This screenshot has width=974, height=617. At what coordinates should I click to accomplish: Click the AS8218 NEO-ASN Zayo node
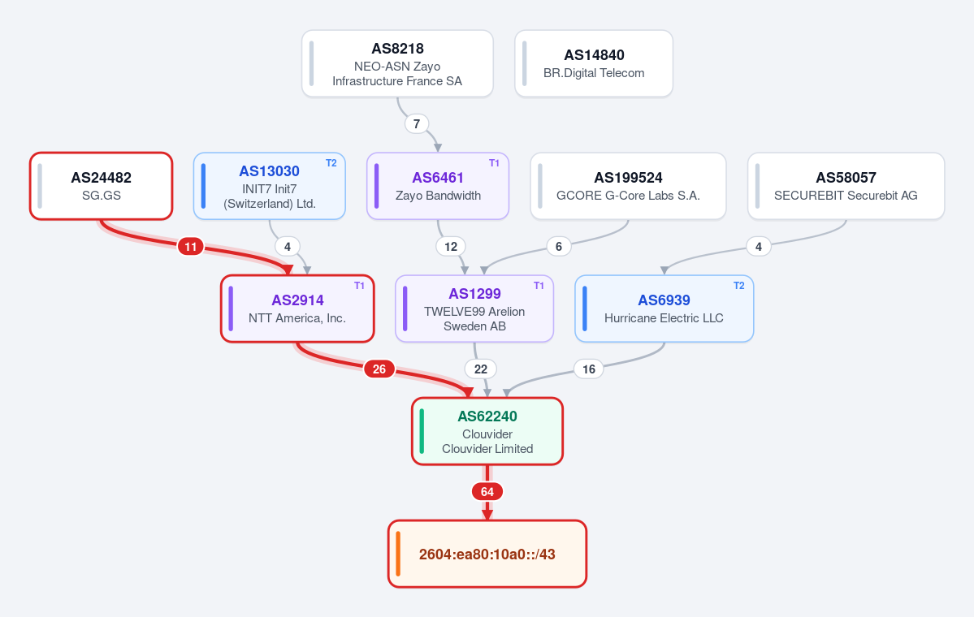[x=397, y=63]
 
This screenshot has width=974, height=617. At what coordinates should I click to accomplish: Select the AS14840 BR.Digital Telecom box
[x=594, y=63]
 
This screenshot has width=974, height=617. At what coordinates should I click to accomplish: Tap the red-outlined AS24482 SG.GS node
[x=102, y=186]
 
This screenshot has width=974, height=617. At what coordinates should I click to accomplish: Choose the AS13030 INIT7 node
[x=270, y=186]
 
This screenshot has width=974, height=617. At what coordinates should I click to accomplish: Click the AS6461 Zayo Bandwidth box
[x=438, y=186]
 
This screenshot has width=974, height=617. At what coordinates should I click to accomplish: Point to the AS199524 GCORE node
[x=628, y=186]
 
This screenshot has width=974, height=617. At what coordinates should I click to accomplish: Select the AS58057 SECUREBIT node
[x=846, y=186]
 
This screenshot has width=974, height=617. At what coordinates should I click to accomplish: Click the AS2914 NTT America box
[x=297, y=308]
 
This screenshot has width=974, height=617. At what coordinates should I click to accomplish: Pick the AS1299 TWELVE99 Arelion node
[x=474, y=308]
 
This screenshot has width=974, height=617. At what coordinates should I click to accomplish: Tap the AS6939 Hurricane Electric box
[x=664, y=308]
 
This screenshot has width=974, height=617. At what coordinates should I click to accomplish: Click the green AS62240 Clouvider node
[x=487, y=431]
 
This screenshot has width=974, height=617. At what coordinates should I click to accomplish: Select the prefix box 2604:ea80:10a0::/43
[x=487, y=554]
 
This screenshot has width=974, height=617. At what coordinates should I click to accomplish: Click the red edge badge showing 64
[x=487, y=492]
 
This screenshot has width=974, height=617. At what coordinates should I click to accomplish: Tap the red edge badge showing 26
[x=379, y=369]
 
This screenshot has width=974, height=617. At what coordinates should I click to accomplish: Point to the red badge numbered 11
[x=191, y=247]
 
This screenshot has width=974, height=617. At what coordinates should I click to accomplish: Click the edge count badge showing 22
[x=481, y=369]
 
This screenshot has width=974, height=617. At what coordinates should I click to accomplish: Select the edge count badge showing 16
[x=589, y=369]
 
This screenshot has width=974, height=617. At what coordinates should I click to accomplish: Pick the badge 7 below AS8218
[x=417, y=124]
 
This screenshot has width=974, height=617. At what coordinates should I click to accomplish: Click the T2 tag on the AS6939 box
[x=739, y=286]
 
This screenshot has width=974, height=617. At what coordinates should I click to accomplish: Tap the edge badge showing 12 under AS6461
[x=451, y=247]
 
